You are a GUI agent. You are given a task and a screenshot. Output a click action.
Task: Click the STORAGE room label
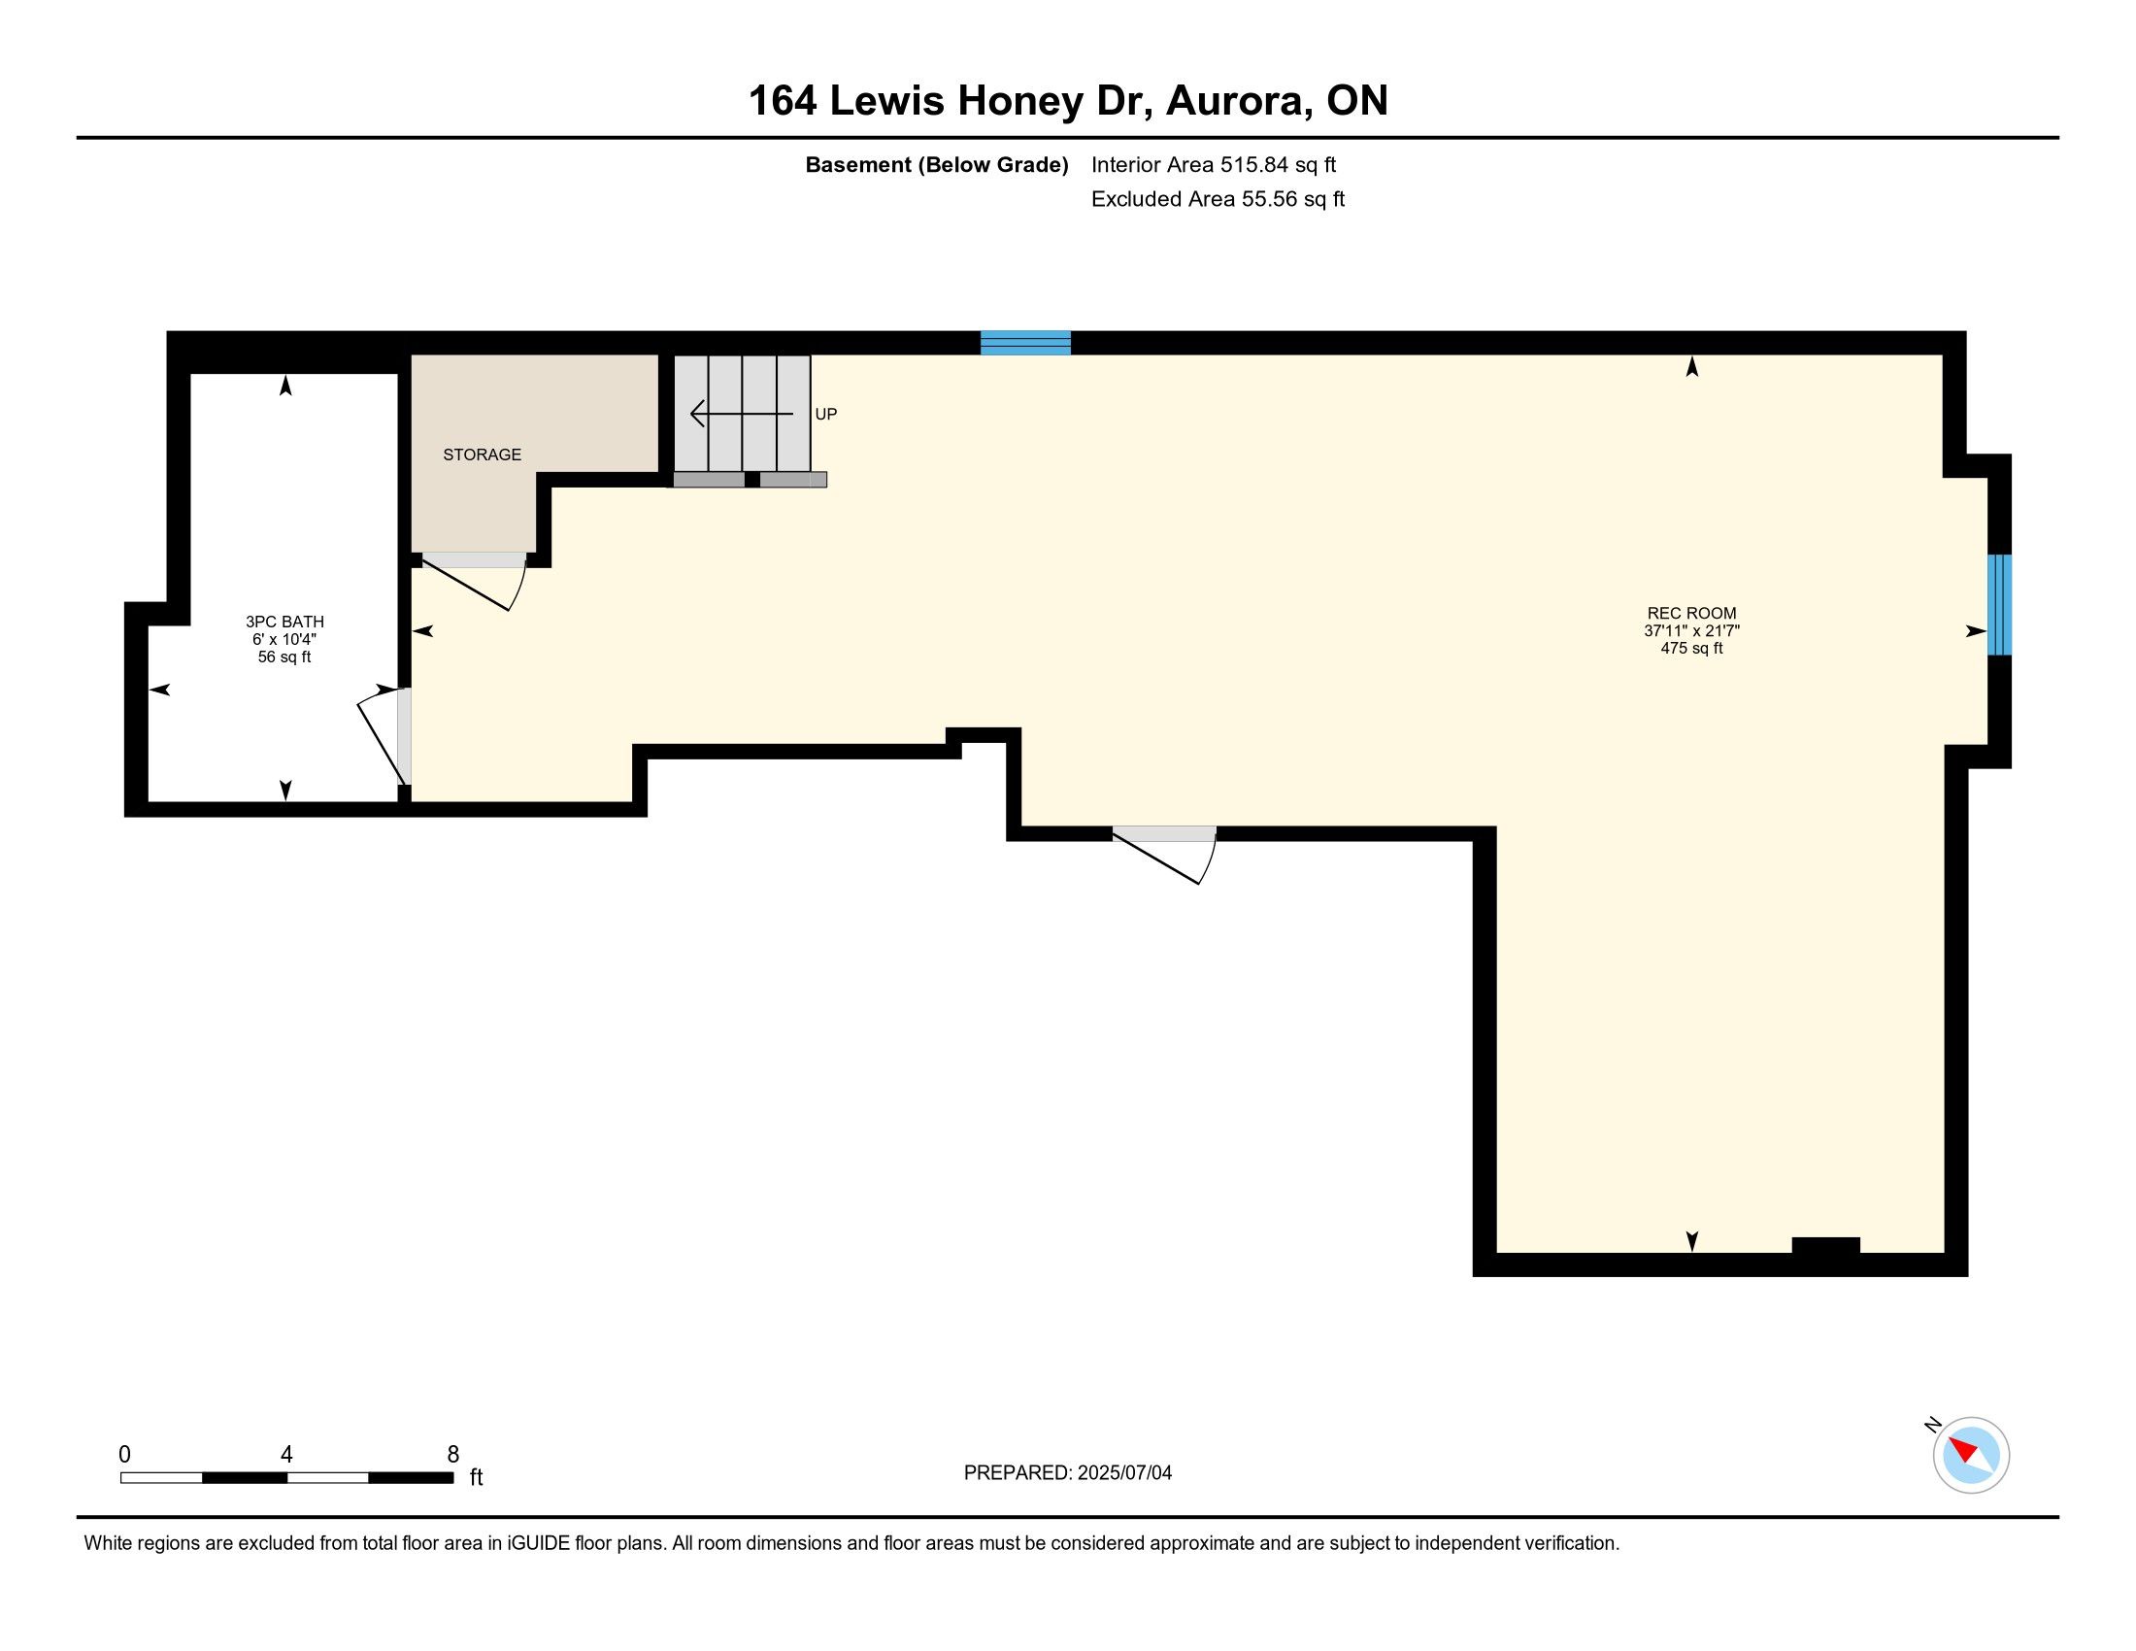pos(483,455)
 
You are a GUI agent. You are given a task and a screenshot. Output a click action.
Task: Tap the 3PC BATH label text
pos(284,622)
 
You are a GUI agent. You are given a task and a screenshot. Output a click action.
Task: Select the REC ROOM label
pos(1692,613)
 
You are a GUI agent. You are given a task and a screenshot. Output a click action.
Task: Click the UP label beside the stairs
pos(826,415)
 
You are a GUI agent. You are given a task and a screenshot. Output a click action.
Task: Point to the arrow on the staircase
pos(742,414)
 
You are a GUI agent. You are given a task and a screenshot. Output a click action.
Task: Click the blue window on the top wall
pos(1026,342)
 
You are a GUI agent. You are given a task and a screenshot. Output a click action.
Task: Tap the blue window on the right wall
pos(2000,604)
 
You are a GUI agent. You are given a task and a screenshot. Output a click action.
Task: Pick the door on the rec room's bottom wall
pos(1165,856)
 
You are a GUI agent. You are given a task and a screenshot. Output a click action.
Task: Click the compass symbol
pos(1971,1455)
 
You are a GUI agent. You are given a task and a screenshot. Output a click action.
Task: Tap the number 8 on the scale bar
pos(452,1454)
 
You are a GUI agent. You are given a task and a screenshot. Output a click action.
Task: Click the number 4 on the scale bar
pos(286,1454)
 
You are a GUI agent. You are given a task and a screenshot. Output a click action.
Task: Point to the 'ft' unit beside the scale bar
pos(477,1477)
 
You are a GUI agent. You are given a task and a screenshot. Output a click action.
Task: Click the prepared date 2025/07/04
pos(1124,1472)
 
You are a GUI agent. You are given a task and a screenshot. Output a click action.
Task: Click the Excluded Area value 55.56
pos(1267,198)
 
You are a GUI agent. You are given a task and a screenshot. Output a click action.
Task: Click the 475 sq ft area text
pos(1692,648)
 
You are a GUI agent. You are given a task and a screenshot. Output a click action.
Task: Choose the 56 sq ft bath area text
pos(284,657)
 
